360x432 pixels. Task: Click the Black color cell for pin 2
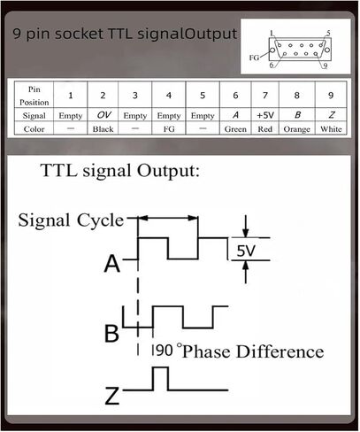tap(103, 129)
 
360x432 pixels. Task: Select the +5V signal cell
tap(265, 115)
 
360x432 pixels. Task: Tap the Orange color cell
tap(297, 129)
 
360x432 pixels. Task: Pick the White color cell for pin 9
tap(331, 129)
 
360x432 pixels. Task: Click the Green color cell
tap(235, 129)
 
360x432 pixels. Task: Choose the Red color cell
tap(265, 129)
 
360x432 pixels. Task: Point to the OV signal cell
tap(103, 115)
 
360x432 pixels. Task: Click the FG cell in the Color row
tap(169, 129)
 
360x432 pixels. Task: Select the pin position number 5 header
tap(203, 96)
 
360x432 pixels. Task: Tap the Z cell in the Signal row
tap(331, 115)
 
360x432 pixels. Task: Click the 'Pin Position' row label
tap(34, 96)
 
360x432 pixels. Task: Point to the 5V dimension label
tap(246, 251)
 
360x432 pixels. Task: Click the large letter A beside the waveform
tap(112, 264)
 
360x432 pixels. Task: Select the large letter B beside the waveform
tap(111, 333)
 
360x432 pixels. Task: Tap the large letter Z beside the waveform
tap(112, 396)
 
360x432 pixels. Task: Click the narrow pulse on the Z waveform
tap(161, 379)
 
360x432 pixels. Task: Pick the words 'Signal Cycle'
tap(71, 220)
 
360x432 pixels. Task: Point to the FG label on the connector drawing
tap(254, 58)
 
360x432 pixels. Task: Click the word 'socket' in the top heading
tap(79, 34)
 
